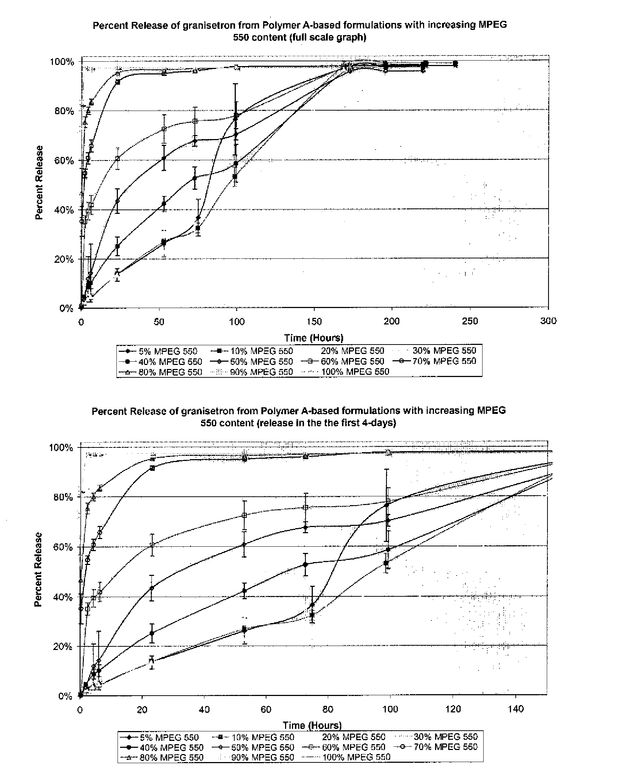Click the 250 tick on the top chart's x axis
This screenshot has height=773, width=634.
pos(470,321)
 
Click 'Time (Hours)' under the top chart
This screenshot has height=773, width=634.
pos(314,338)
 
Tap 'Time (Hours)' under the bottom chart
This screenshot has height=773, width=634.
pos(312,725)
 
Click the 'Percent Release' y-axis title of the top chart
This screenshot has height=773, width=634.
pos(39,182)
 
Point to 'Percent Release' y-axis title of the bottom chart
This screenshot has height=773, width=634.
pos(38,570)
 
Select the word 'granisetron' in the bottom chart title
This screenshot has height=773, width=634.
pos(207,411)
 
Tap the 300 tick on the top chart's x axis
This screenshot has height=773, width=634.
pos(548,321)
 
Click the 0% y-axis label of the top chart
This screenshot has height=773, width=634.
pos(66,309)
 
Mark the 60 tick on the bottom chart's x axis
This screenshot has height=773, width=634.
pos(265,709)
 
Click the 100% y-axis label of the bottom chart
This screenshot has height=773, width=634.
pos(61,448)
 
